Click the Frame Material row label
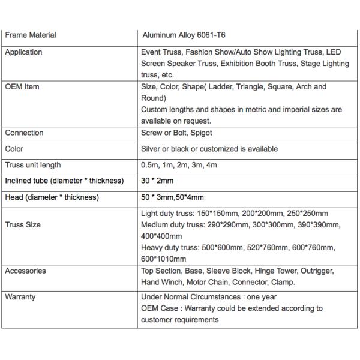click(x=31, y=35)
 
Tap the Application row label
click(x=23, y=52)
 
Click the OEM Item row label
click(x=22, y=87)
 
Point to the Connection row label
click(x=25, y=133)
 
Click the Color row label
click(x=14, y=149)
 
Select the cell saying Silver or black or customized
click(x=209, y=149)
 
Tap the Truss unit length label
click(x=33, y=165)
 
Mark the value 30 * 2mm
click(x=158, y=181)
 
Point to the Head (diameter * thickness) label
click(x=52, y=197)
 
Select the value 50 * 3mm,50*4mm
click(x=172, y=197)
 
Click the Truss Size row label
click(x=23, y=225)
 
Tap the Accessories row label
click(x=25, y=271)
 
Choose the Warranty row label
click(x=20, y=297)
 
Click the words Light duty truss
click(x=167, y=214)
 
